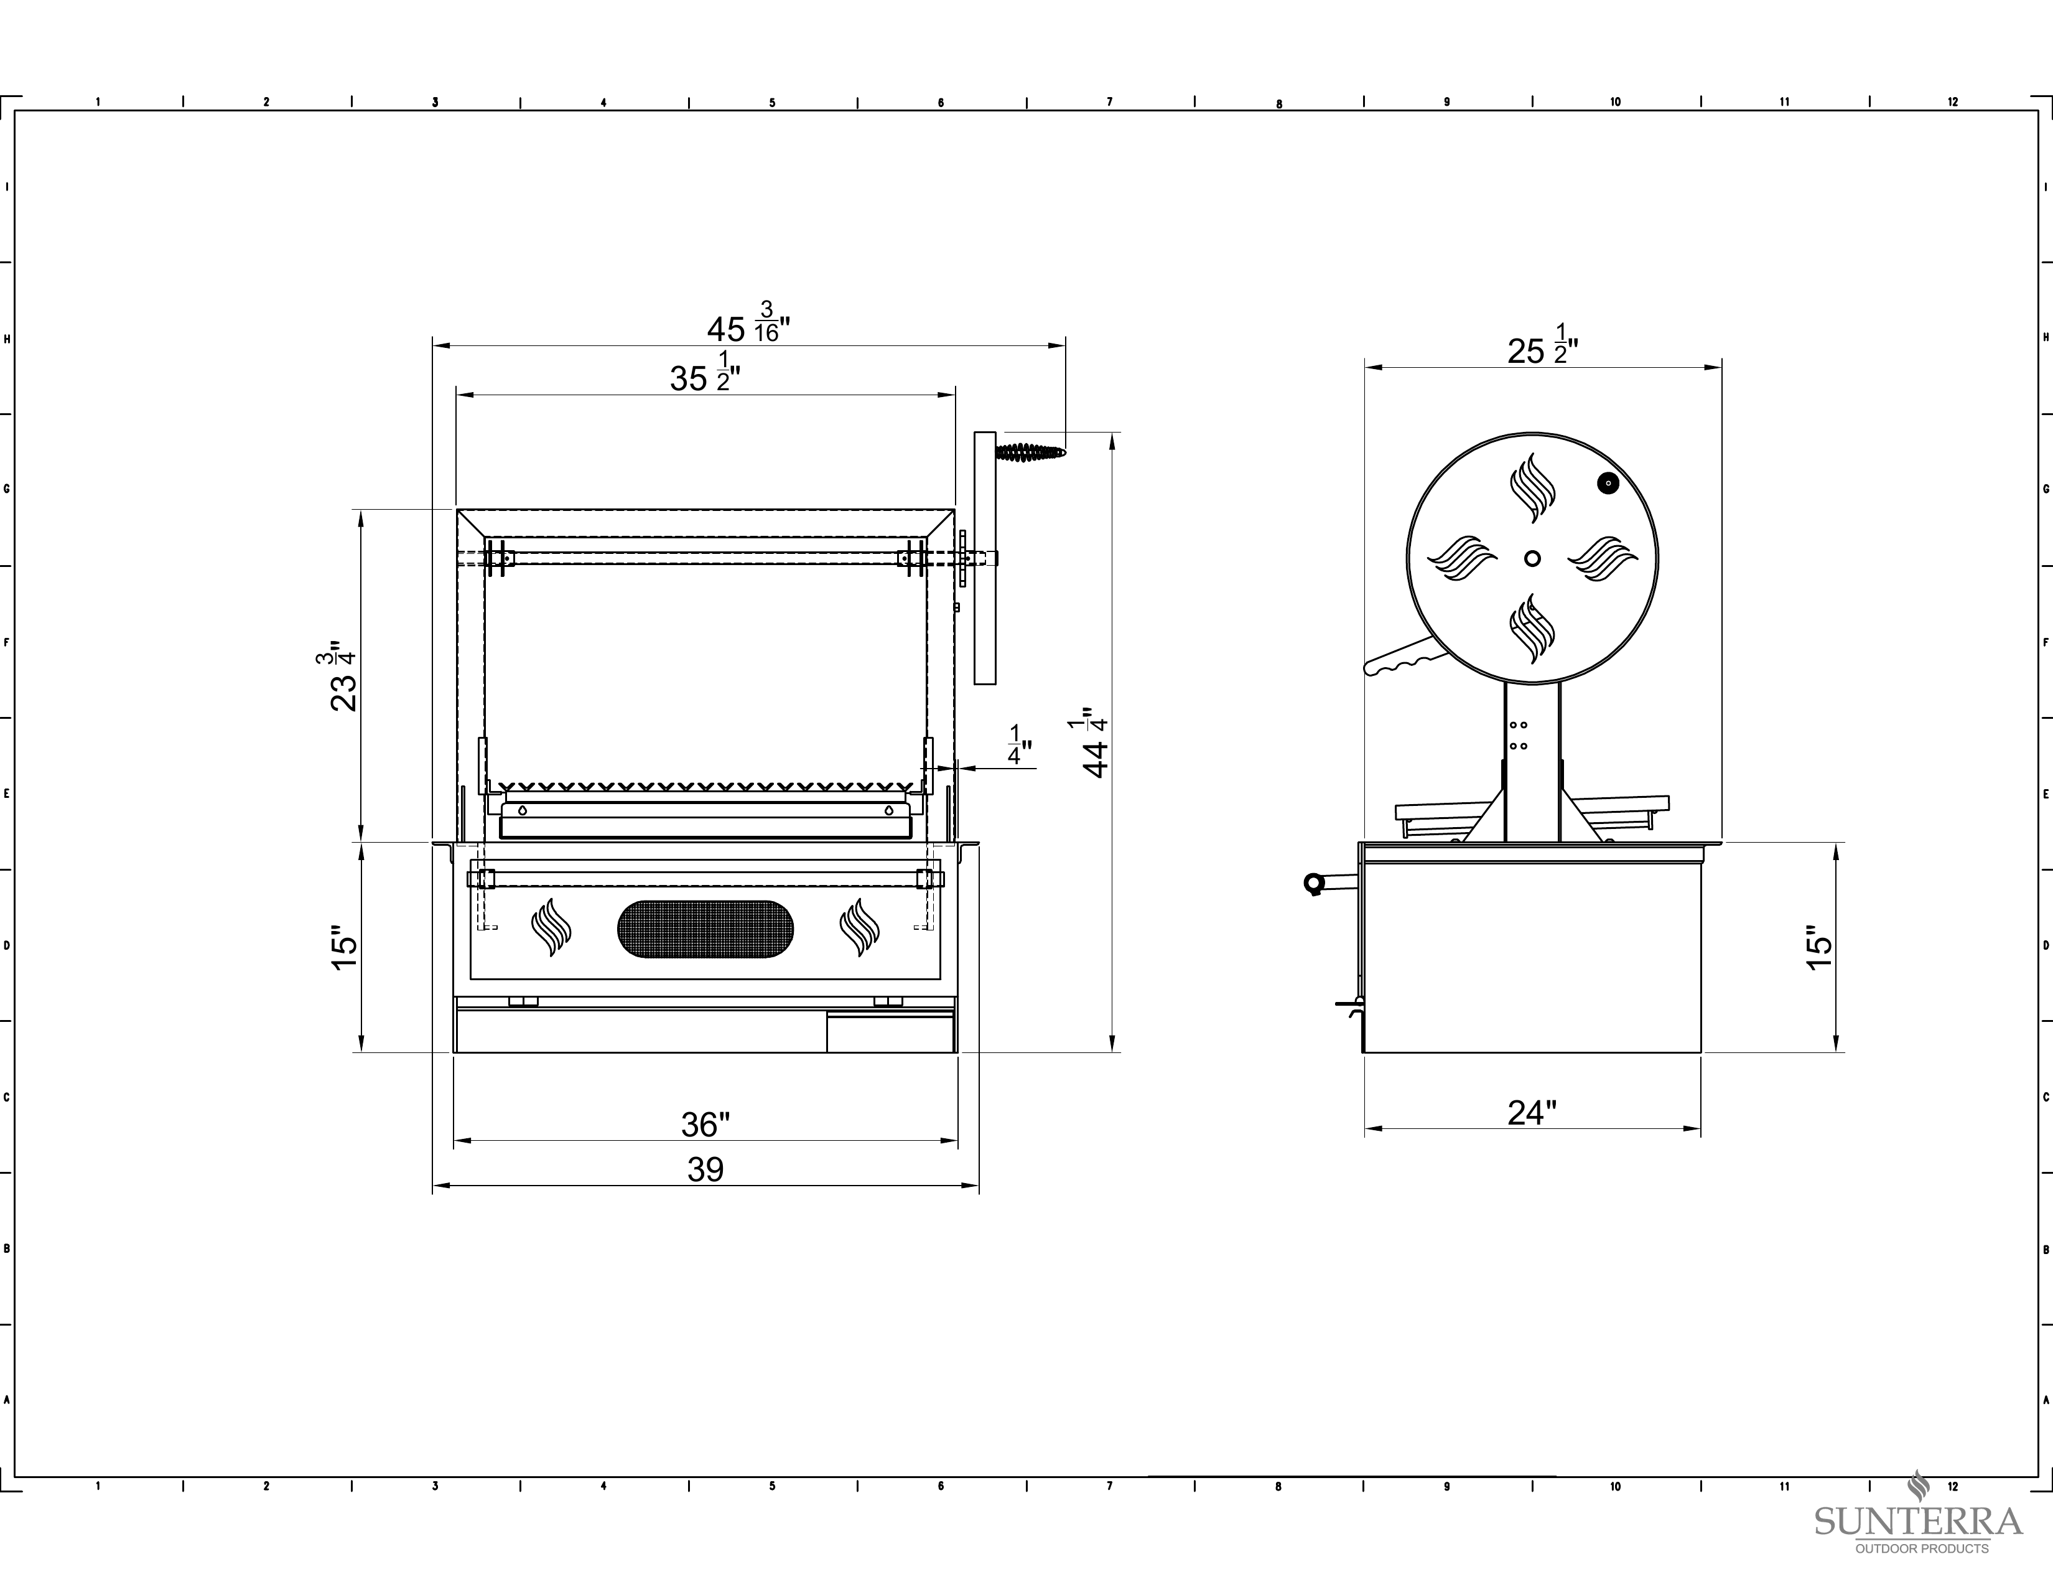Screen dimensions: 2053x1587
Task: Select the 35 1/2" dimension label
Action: tap(705, 372)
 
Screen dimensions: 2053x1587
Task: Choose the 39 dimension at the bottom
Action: tap(705, 1169)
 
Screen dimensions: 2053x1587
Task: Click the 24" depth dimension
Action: tap(1532, 1112)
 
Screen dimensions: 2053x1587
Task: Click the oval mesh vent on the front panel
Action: tap(705, 929)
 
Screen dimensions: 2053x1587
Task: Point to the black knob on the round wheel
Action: tap(1608, 483)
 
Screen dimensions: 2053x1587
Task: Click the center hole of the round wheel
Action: tap(1532, 558)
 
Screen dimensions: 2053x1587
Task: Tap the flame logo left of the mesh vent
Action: tap(551, 927)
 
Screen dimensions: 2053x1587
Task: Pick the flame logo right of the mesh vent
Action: tap(859, 927)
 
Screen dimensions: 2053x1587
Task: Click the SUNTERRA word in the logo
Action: tap(1917, 1521)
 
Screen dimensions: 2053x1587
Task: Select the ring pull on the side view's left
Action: tap(1313, 883)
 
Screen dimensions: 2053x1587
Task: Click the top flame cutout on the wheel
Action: tap(1532, 488)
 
